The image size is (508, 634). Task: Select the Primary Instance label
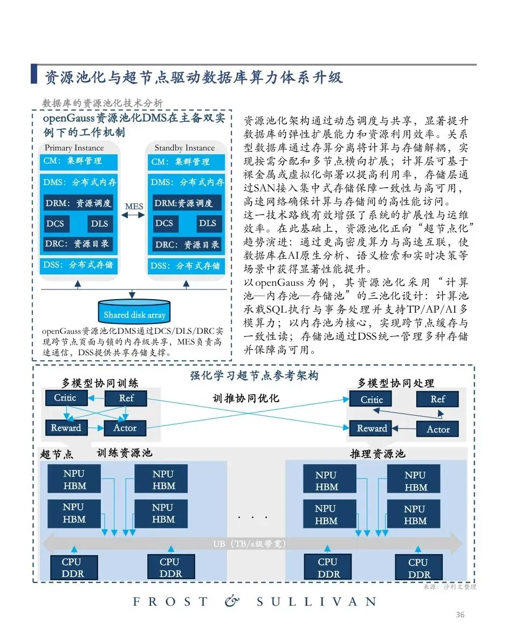(74, 148)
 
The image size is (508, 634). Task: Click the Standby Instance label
(184, 148)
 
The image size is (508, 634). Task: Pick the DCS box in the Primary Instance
(55, 223)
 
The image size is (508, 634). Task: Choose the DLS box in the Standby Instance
(208, 223)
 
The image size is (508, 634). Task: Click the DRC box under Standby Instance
(187, 244)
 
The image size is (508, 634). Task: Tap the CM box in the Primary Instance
(79, 161)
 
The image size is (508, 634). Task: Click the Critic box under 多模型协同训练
(65, 398)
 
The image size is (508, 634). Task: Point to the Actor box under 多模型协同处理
(437, 429)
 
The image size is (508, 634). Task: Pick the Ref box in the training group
(126, 398)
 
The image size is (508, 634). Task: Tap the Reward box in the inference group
(372, 429)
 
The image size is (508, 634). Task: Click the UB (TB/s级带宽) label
(253, 544)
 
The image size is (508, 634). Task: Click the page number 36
(460, 615)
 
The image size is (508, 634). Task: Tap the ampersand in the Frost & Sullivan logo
(232, 601)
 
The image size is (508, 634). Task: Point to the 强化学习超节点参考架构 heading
(254, 376)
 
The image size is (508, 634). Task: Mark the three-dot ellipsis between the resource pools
(253, 518)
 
